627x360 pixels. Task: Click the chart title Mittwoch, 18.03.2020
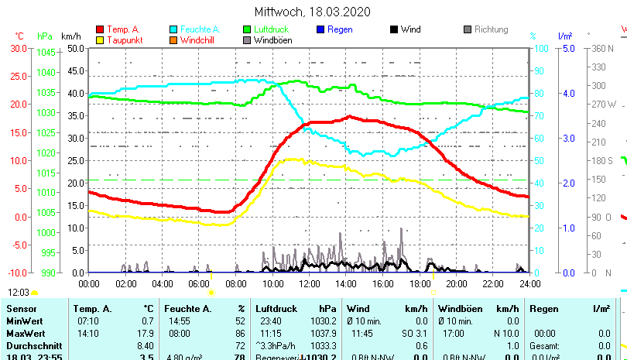[313, 12]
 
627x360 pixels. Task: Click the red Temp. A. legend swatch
[100, 29]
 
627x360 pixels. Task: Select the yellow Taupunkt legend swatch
[100, 39]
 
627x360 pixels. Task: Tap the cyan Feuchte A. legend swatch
[173, 29]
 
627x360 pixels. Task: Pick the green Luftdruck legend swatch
[247, 29]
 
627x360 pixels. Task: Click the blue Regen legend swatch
[320, 29]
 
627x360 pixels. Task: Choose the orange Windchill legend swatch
[173, 39]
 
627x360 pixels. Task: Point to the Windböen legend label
[272, 39]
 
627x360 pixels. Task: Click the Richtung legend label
[492, 29]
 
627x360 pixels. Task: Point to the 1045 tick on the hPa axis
[46, 52]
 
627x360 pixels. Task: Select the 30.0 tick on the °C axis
[19, 47]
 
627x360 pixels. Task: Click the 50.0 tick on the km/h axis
[75, 47]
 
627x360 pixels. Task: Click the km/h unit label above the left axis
[70, 36]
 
